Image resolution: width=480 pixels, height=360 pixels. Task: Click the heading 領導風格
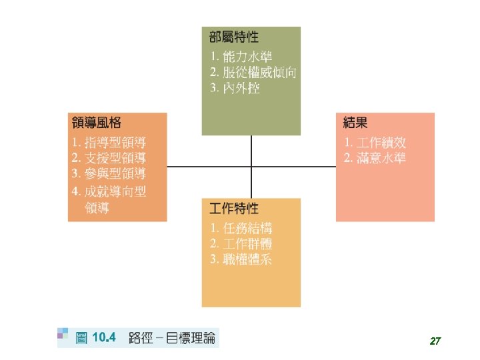click(x=97, y=123)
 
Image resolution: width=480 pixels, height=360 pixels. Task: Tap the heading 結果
click(x=355, y=123)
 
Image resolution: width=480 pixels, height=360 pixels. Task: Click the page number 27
click(x=435, y=341)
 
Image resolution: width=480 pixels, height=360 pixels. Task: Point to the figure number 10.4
click(x=104, y=338)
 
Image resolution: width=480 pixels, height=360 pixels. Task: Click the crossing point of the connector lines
click(x=251, y=167)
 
